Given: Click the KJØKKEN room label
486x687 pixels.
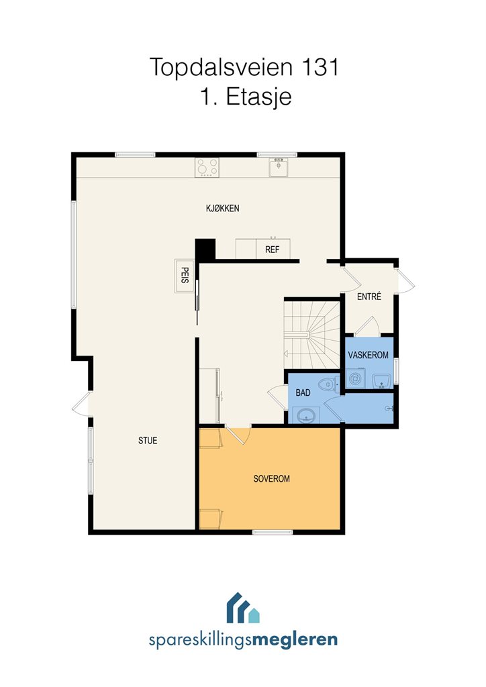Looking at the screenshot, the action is coord(223,208).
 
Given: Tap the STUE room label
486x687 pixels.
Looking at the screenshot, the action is coord(148,440).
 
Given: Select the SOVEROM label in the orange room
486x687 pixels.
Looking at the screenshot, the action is coord(271,478).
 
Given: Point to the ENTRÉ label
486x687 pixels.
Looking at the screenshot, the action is coord(369,296).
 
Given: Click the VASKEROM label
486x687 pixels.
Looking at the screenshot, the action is coord(368,355).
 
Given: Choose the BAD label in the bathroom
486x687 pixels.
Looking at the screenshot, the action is coord(303,392).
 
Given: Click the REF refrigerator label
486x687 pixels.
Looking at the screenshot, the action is coord(272,250).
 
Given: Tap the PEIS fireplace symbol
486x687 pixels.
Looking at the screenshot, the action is coord(185,276).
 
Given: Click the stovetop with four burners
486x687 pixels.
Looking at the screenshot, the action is coord(207,167).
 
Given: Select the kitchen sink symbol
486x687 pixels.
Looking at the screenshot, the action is coord(279,167).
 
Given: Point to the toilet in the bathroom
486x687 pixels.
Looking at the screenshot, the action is coord(329,384).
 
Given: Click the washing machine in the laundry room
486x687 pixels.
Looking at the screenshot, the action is coord(355,378).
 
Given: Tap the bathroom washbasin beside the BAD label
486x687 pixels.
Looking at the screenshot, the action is coord(305,415).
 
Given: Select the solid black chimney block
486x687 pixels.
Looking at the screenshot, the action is coord(205,250).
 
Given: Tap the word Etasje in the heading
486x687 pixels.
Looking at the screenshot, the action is coord(258,97).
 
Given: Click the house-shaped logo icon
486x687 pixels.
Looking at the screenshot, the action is coord(243,608).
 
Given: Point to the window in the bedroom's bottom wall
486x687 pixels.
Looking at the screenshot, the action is coord(273,532).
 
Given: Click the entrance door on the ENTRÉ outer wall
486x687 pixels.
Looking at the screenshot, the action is coord(405,281).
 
